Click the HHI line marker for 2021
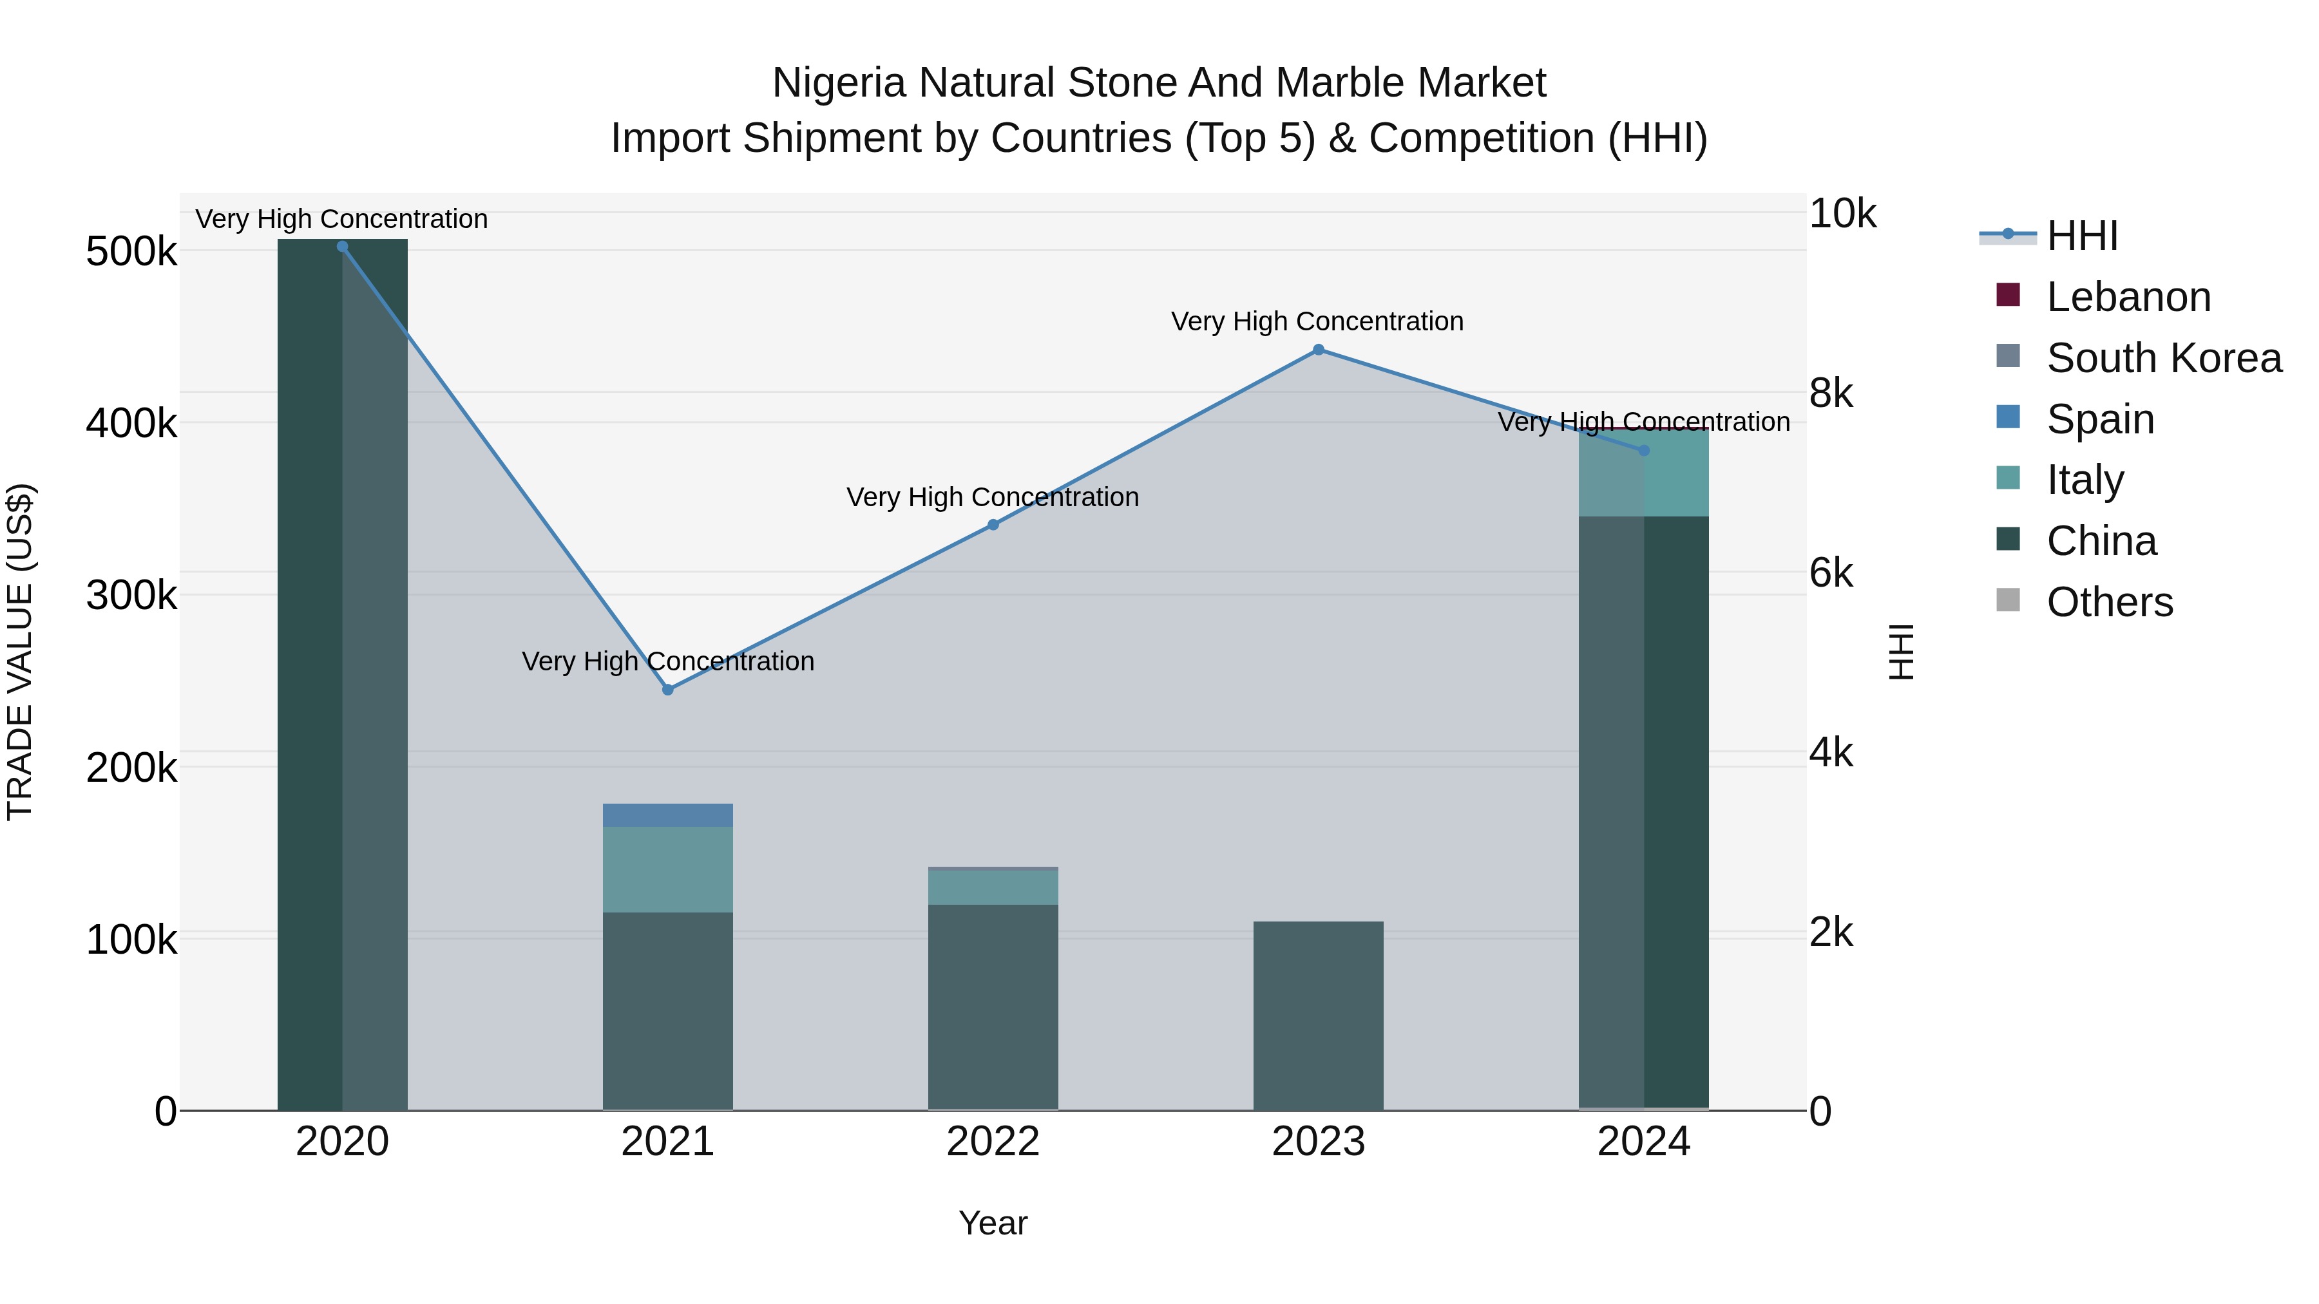click(667, 689)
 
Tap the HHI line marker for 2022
click(993, 525)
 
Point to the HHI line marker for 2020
click(342, 247)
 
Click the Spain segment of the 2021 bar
click(667, 815)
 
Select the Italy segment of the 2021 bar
click(667, 869)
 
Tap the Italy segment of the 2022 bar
click(993, 887)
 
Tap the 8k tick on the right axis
click(1831, 393)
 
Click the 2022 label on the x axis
click(993, 1142)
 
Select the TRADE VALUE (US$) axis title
click(20, 652)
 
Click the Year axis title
click(993, 1223)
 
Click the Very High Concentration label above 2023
click(1317, 321)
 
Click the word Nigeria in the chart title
click(837, 83)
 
